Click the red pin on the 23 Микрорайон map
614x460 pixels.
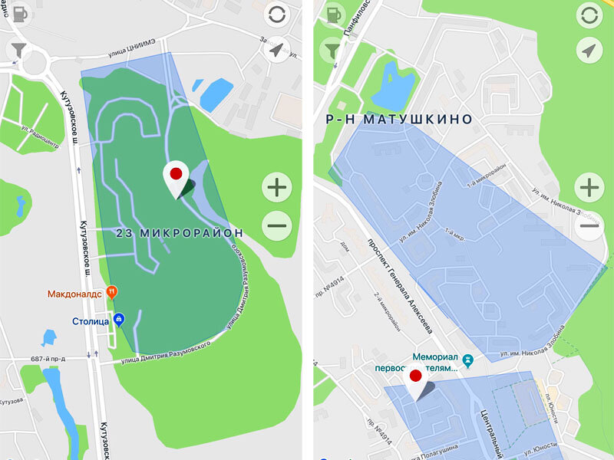(176, 173)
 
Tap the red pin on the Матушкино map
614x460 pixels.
(415, 376)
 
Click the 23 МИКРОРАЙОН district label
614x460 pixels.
(180, 232)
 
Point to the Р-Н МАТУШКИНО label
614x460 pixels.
(399, 120)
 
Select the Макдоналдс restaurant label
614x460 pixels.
(74, 293)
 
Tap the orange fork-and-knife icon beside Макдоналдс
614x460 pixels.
(112, 291)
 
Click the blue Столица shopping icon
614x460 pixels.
(118, 320)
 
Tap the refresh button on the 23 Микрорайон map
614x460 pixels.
(276, 15)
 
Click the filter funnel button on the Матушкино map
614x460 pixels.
(332, 51)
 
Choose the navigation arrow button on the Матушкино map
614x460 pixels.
(588, 51)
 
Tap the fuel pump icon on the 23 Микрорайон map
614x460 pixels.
(20, 15)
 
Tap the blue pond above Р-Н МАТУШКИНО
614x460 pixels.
(393, 86)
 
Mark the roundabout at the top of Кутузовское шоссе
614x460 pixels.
(35, 61)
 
